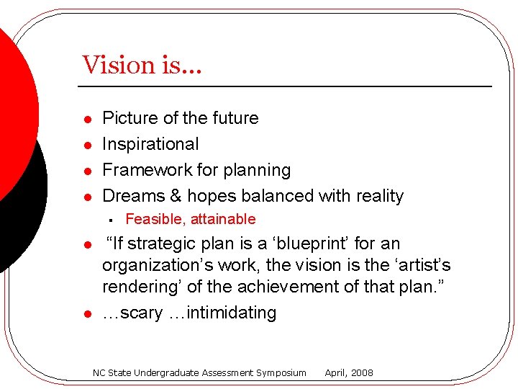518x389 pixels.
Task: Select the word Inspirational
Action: click(x=150, y=144)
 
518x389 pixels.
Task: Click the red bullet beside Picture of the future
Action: click(x=86, y=119)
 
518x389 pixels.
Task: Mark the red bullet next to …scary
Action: click(x=86, y=314)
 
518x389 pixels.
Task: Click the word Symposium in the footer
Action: click(x=279, y=373)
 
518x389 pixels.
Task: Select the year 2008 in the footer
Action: click(x=361, y=373)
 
